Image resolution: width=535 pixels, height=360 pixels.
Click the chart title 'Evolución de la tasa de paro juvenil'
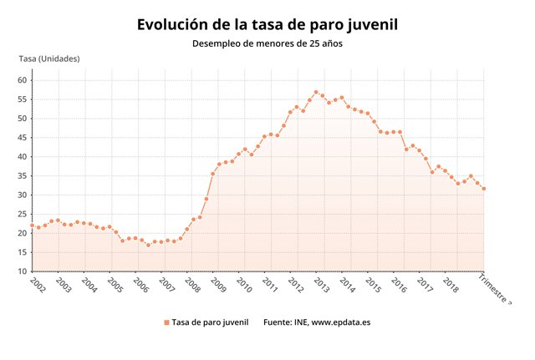(x=267, y=24)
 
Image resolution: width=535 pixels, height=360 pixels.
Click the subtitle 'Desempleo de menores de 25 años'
(x=267, y=43)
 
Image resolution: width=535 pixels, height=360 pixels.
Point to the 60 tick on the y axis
(x=23, y=80)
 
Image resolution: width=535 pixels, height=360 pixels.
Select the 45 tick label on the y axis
(x=23, y=138)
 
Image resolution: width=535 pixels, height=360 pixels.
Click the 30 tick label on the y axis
(x=23, y=195)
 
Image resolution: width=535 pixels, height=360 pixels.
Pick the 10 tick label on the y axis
(x=23, y=271)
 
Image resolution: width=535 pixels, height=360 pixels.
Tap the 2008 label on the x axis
(x=191, y=284)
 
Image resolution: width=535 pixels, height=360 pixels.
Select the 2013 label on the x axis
(x=320, y=284)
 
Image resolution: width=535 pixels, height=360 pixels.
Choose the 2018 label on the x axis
(x=450, y=284)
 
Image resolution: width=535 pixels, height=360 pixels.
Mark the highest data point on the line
(x=316, y=92)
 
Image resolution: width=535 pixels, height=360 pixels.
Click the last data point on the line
(x=484, y=189)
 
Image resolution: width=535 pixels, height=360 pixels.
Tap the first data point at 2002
(x=32, y=226)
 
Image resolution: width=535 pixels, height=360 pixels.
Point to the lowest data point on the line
(x=148, y=245)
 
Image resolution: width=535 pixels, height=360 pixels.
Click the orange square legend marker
(x=166, y=322)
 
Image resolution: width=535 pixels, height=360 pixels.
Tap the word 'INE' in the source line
(x=298, y=322)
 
